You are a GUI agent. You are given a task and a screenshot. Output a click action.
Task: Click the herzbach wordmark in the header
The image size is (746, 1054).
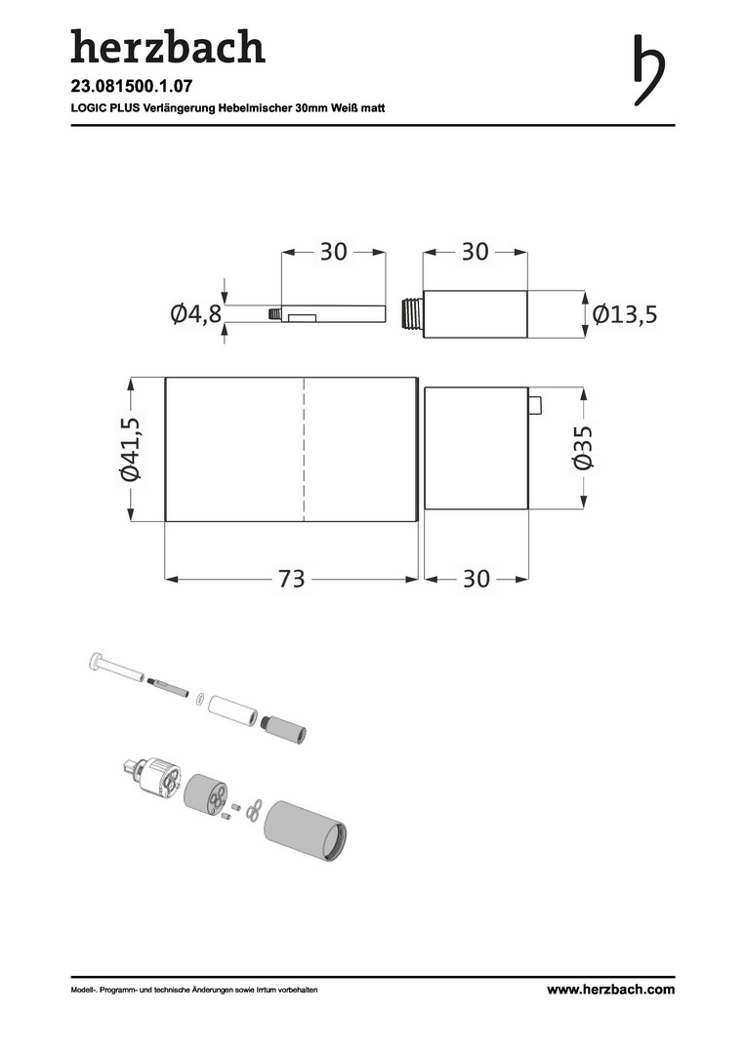(168, 46)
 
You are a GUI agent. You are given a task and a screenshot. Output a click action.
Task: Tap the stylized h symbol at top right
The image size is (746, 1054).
(649, 70)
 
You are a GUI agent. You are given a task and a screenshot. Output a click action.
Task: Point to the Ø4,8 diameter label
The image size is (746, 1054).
(195, 314)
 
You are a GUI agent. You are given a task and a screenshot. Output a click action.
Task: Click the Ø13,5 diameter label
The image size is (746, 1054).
(625, 314)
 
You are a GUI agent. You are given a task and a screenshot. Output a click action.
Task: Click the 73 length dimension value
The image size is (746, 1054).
(291, 579)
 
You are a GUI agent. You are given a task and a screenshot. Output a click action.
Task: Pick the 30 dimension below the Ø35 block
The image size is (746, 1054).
(477, 579)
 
